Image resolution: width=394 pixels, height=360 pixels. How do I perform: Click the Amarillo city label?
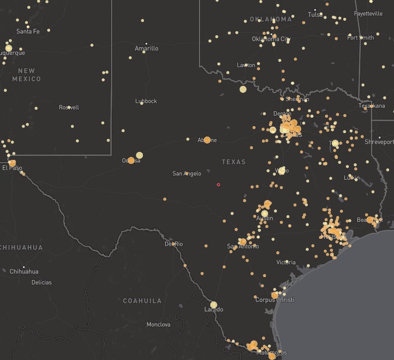pyautogui.click(x=146, y=49)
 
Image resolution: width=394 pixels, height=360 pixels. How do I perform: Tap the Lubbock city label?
pyautogui.click(x=146, y=101)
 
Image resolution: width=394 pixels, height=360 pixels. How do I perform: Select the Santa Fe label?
pyautogui.click(x=28, y=31)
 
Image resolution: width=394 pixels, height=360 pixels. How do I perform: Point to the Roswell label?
pyautogui.click(x=69, y=107)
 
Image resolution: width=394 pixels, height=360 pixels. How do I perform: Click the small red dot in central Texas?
pyautogui.click(x=218, y=185)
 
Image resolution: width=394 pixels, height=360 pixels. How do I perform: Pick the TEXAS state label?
pyautogui.click(x=234, y=162)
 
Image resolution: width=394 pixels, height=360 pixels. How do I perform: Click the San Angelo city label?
pyautogui.click(x=187, y=173)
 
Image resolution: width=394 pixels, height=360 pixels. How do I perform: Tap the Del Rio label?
pyautogui.click(x=174, y=244)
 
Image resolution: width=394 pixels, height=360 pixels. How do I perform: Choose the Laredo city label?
pyautogui.click(x=214, y=310)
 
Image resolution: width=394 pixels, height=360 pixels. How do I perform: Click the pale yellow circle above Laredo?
pyautogui.click(x=214, y=304)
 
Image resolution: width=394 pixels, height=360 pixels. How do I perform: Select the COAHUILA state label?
pyautogui.click(x=142, y=301)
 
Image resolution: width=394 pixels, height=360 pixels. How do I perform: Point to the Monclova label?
pyautogui.click(x=158, y=324)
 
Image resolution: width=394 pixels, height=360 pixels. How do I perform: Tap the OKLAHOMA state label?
pyautogui.click(x=271, y=19)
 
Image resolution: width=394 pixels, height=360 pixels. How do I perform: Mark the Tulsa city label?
pyautogui.click(x=315, y=14)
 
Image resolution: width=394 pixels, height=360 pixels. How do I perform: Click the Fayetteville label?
pyautogui.click(x=368, y=13)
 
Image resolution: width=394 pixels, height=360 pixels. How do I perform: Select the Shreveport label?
pyautogui.click(x=378, y=142)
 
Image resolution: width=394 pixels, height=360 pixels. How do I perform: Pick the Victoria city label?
pyautogui.click(x=286, y=262)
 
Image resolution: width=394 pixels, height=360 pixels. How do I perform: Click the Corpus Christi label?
pyautogui.click(x=274, y=300)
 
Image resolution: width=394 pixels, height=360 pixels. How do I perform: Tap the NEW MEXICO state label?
pyautogui.click(x=26, y=75)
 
